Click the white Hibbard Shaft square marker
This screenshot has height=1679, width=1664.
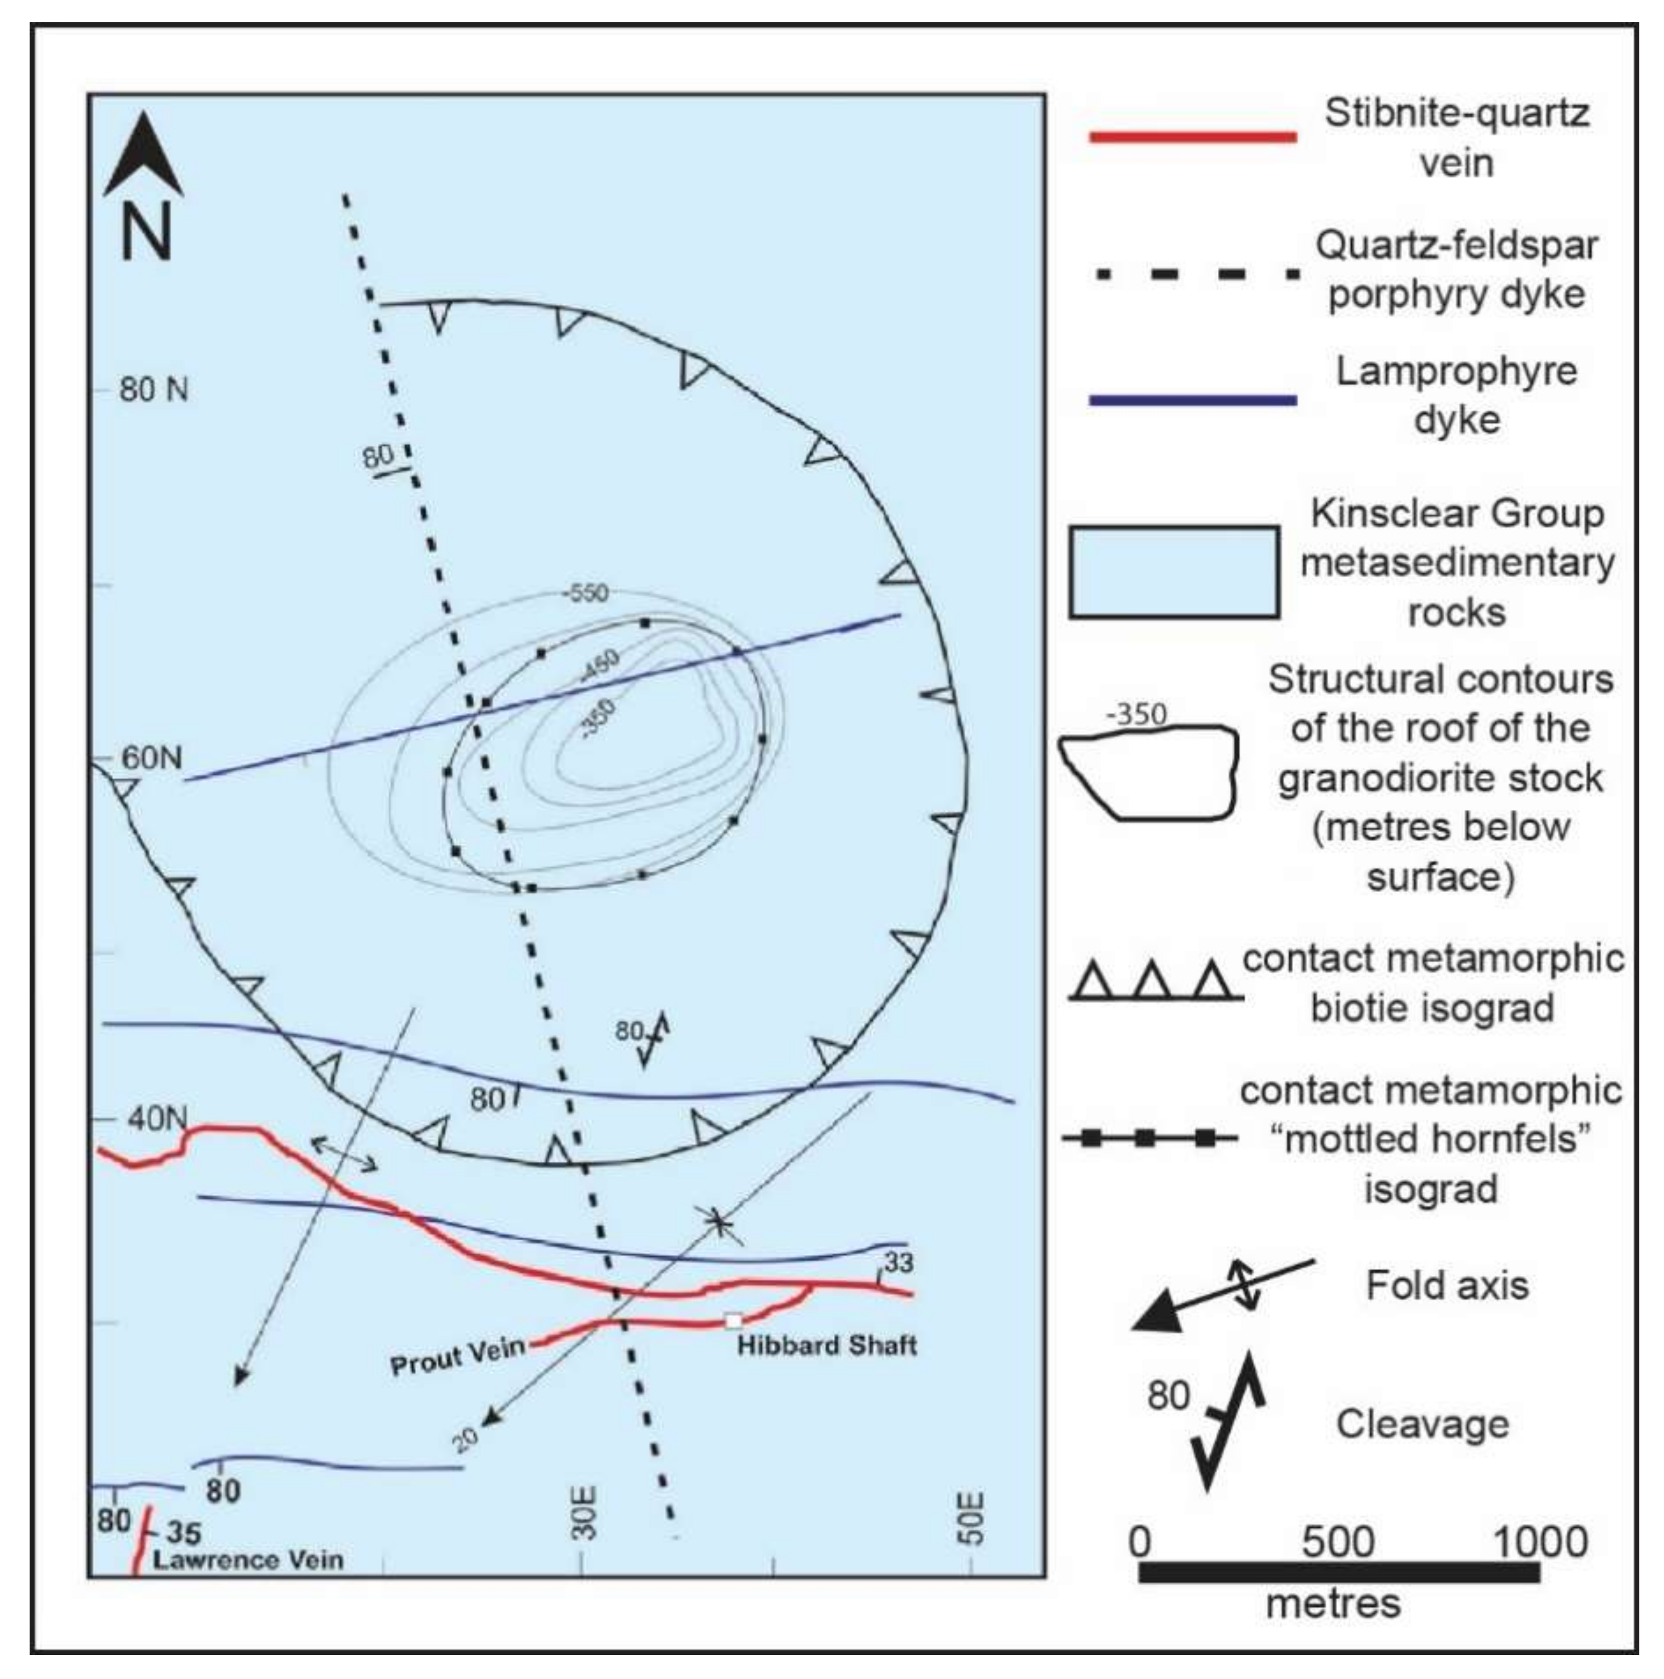click(733, 1321)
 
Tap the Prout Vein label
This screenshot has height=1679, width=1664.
click(458, 1356)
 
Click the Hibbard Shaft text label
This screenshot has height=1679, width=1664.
click(826, 1346)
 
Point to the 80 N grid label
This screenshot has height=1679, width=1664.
click(154, 390)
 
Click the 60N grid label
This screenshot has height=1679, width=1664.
click(151, 758)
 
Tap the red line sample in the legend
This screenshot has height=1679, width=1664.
click(1193, 137)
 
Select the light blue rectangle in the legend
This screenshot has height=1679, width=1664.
click(1173, 572)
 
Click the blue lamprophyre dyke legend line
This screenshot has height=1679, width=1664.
click(1193, 401)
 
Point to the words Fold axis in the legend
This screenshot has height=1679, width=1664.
click(1447, 1285)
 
